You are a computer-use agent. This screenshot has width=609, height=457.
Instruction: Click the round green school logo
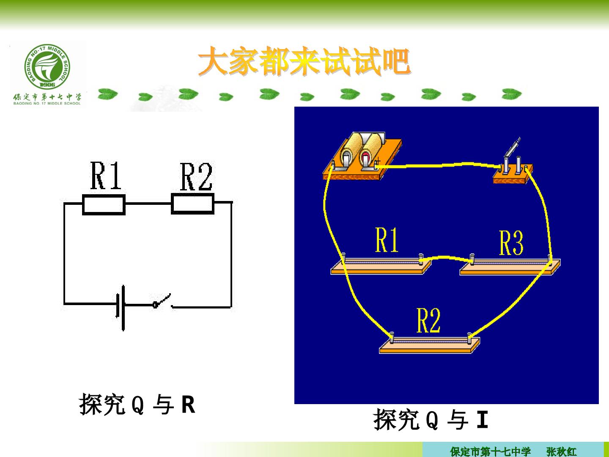click(x=47, y=66)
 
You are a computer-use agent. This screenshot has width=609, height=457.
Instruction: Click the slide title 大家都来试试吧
click(x=304, y=61)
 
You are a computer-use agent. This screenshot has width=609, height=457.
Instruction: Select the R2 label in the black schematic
click(x=196, y=177)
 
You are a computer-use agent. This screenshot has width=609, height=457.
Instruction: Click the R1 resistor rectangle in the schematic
click(x=104, y=205)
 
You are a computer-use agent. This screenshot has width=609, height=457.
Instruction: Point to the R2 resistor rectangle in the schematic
click(x=192, y=204)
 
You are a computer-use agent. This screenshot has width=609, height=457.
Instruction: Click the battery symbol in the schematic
click(x=121, y=308)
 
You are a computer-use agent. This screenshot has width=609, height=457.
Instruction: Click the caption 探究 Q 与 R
click(x=137, y=404)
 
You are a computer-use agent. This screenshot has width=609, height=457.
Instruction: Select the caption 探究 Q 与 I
click(x=431, y=419)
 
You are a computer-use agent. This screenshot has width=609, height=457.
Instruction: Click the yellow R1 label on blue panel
click(x=387, y=240)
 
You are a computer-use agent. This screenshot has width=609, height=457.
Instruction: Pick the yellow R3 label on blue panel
click(x=511, y=242)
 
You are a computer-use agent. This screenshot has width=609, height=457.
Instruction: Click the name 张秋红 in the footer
click(x=562, y=451)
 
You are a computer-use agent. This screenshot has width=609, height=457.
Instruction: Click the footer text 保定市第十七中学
click(x=490, y=451)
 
